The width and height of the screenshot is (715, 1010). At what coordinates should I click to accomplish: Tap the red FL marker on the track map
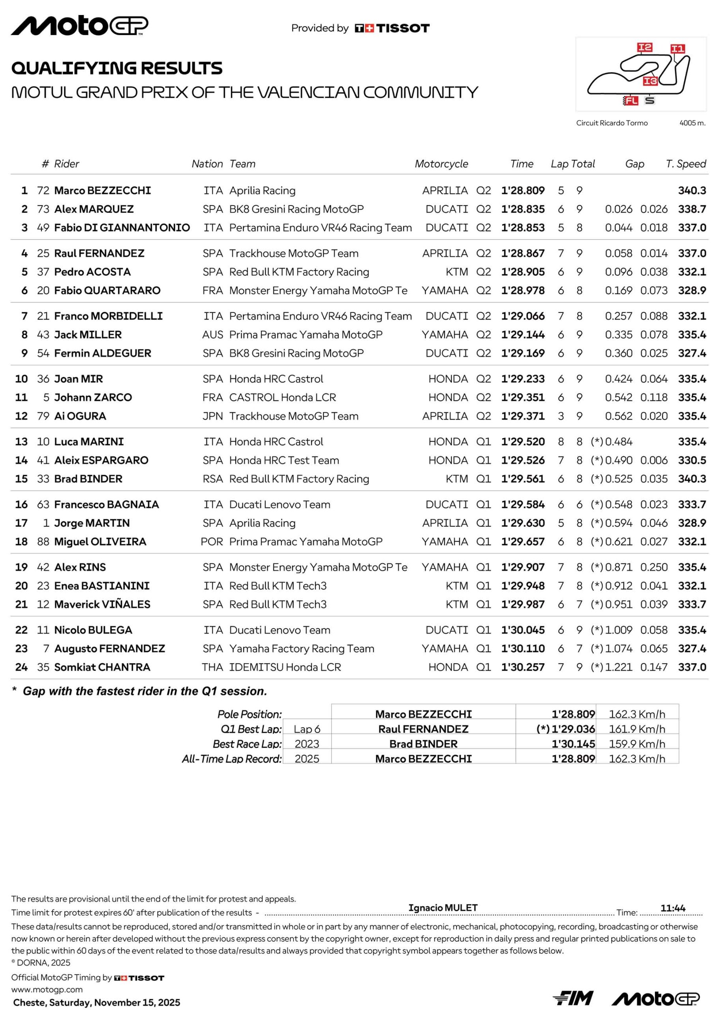click(x=631, y=101)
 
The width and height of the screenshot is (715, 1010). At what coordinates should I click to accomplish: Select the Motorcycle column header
click(x=441, y=164)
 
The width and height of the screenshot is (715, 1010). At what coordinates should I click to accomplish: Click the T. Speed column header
click(x=685, y=164)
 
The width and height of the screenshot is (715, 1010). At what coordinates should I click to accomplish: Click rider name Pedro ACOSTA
click(x=92, y=272)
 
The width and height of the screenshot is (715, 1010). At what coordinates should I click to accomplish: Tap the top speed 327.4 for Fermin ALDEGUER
click(x=692, y=353)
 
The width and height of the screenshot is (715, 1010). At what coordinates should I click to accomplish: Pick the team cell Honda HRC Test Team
click(x=284, y=460)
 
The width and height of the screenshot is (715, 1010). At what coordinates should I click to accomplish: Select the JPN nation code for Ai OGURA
click(x=213, y=416)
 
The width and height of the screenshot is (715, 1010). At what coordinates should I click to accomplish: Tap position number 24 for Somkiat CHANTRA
click(x=21, y=667)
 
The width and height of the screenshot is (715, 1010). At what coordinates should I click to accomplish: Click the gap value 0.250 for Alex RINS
click(x=654, y=567)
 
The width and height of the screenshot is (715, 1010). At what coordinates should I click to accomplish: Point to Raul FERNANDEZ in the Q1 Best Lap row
click(x=423, y=729)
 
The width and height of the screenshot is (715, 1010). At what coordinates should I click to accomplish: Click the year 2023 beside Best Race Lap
click(x=307, y=744)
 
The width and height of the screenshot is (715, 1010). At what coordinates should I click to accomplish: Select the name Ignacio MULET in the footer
click(x=442, y=907)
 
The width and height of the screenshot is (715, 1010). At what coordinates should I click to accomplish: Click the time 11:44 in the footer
click(x=673, y=908)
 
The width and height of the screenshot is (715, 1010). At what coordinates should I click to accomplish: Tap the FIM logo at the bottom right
click(x=573, y=998)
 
